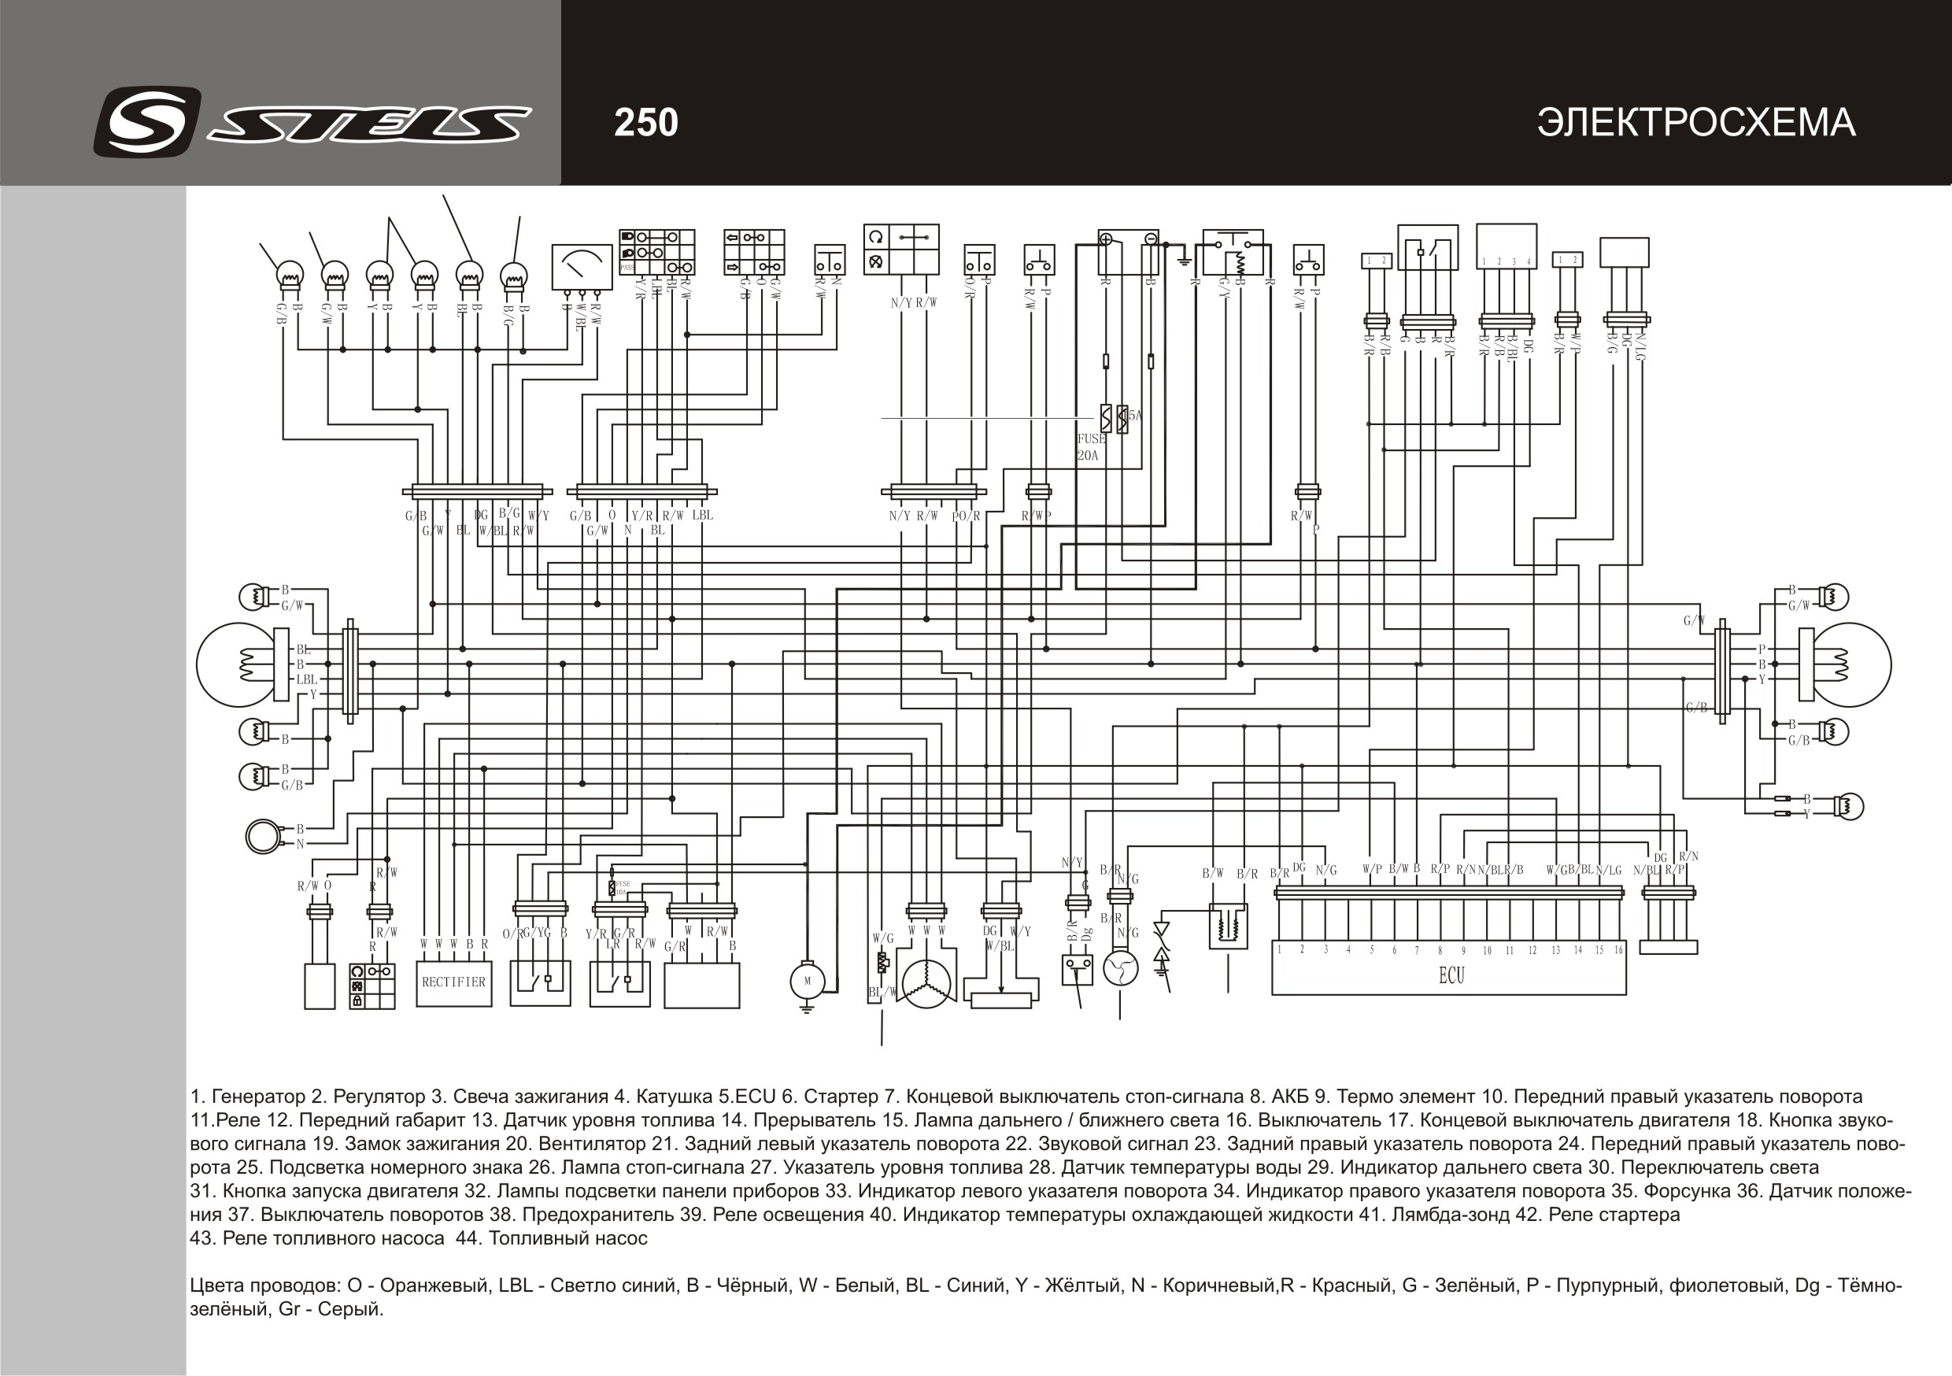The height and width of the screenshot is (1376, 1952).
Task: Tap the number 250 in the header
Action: (646, 124)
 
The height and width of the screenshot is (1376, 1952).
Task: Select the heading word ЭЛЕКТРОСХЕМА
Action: (1696, 124)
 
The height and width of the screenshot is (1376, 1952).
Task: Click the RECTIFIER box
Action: (454, 983)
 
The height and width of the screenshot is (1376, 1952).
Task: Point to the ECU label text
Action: (1451, 975)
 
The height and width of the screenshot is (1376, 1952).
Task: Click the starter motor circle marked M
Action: (807, 981)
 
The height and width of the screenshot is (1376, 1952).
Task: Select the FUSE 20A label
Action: (1091, 446)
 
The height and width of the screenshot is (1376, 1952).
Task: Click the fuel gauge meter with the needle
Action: (582, 266)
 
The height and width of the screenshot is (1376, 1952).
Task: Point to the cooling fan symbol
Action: (1120, 967)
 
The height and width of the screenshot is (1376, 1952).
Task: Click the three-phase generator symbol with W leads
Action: (926, 984)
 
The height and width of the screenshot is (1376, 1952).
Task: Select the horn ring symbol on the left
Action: (264, 836)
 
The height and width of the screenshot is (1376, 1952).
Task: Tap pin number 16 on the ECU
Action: (1618, 950)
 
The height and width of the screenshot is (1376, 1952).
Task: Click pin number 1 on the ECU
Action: (1280, 950)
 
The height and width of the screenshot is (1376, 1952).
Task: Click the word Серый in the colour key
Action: (349, 1309)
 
